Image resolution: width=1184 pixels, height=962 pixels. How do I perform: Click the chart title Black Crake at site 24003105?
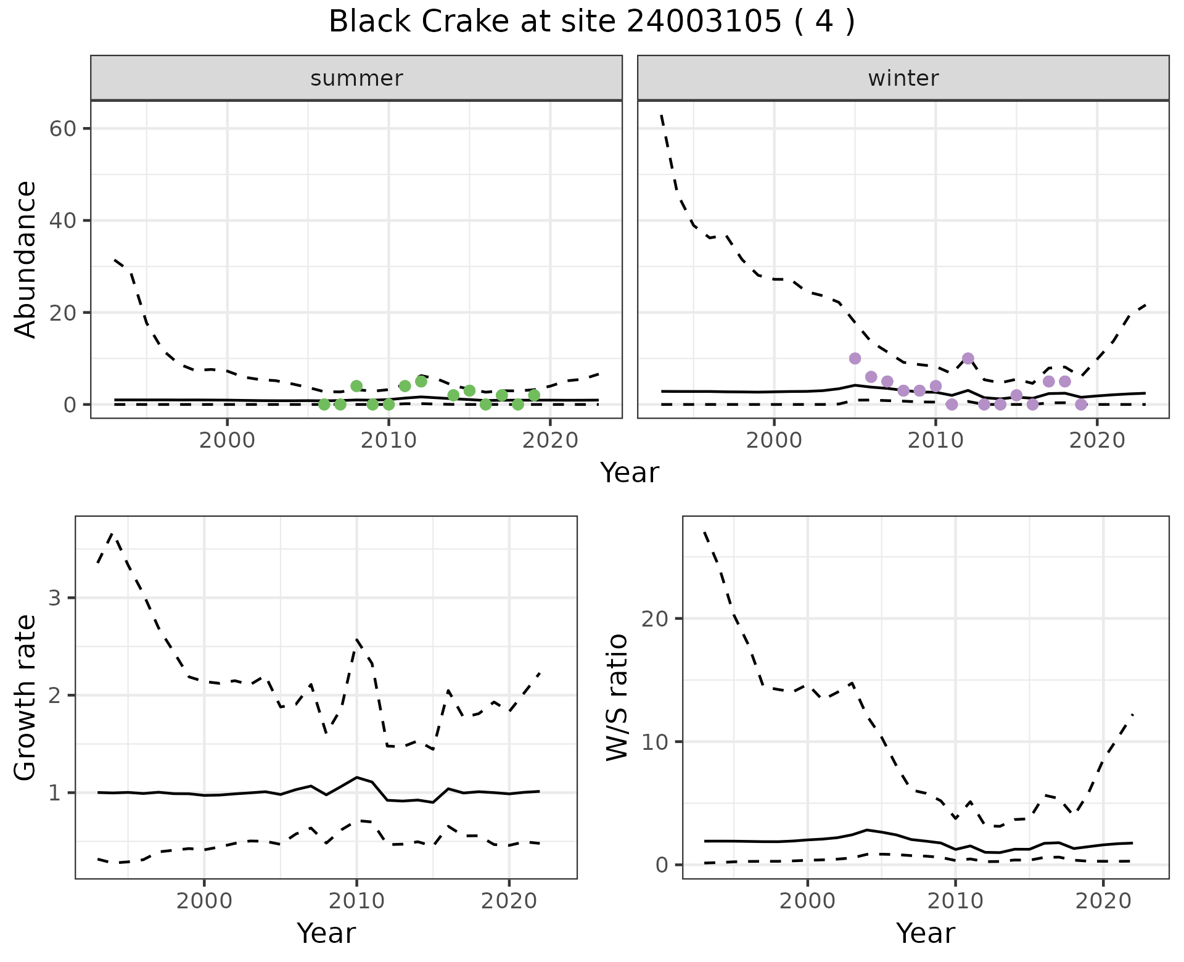point(591,23)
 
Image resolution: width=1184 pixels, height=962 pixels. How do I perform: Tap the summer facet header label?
point(356,78)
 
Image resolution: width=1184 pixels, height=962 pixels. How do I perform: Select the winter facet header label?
point(903,78)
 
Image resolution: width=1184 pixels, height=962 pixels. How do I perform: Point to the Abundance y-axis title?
point(26,259)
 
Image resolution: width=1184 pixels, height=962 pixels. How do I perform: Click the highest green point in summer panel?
point(421,381)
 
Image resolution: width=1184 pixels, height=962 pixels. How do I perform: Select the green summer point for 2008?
point(356,386)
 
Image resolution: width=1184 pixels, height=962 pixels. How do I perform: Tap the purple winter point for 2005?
point(855,358)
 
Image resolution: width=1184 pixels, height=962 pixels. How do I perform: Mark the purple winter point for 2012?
point(968,358)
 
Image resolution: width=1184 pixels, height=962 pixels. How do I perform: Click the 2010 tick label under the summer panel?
point(388,440)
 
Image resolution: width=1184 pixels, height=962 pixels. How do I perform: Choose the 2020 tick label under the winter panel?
point(1097,440)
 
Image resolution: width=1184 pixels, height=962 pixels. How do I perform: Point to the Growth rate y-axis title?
point(26,697)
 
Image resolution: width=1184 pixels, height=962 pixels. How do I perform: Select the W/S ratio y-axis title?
point(617,697)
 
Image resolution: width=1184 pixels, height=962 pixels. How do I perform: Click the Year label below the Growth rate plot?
point(326,933)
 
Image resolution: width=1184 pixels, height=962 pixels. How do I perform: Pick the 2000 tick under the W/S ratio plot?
point(807,901)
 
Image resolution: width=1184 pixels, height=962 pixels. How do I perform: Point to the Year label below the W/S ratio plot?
point(926,933)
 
